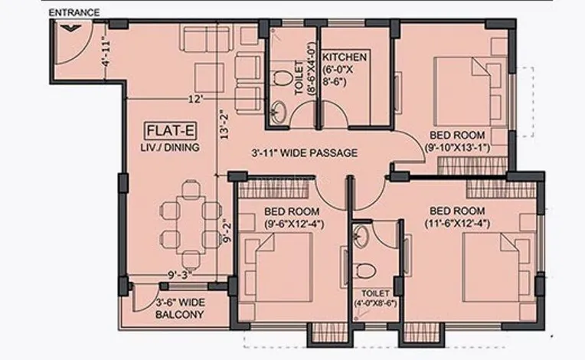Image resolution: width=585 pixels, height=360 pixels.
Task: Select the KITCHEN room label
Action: pos(345,57)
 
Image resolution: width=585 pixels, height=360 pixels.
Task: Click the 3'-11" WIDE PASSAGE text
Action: pos(305,153)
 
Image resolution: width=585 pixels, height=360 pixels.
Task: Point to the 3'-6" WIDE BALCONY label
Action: pos(180,308)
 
